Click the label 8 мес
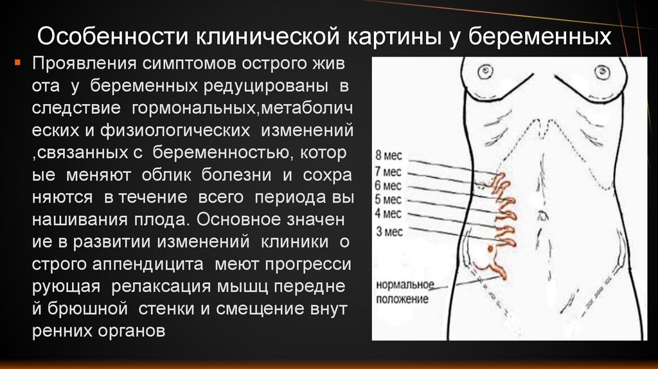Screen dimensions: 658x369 tap(387, 155)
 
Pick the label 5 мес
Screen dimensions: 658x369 tap(387, 199)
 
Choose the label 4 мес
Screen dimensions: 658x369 tap(387, 213)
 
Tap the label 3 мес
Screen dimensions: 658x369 tap(387, 231)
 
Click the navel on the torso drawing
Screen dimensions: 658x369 tap(543, 213)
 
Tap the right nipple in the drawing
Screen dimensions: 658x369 tap(602, 71)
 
